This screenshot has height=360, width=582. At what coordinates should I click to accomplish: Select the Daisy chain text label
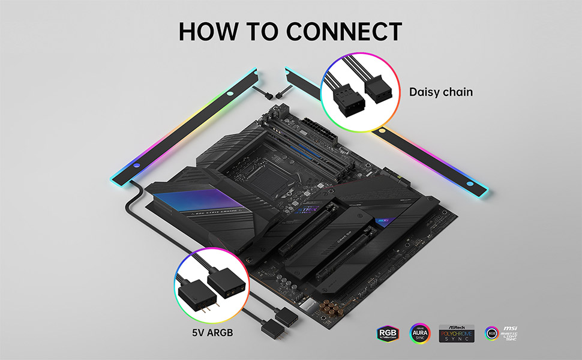coord(441,92)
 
